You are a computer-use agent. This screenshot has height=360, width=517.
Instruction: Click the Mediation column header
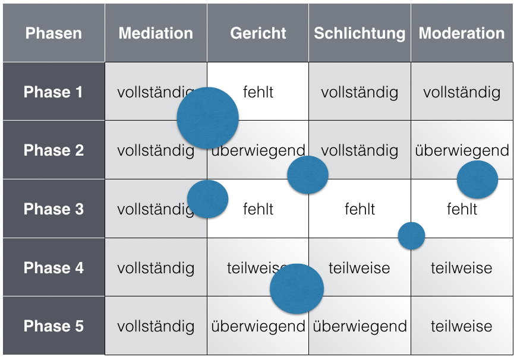click(x=156, y=33)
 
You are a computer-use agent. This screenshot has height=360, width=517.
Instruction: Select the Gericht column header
click(x=258, y=33)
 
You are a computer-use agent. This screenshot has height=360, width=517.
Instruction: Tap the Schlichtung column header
click(x=360, y=34)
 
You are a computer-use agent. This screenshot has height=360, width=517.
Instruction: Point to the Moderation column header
click(x=462, y=33)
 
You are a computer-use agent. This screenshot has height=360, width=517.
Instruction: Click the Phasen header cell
click(x=53, y=33)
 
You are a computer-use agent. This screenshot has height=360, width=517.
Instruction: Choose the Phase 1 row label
click(x=53, y=92)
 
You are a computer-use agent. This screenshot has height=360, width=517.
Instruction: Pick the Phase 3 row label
click(x=53, y=209)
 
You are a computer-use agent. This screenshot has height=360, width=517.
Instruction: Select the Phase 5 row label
click(x=53, y=326)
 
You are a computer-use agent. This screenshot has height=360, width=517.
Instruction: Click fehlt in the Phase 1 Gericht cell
click(x=258, y=92)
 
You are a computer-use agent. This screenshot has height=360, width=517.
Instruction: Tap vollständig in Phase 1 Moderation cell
click(x=462, y=93)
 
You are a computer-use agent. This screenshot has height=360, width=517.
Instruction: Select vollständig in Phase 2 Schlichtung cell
click(x=360, y=151)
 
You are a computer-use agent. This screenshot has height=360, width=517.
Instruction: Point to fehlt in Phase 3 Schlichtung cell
click(x=360, y=209)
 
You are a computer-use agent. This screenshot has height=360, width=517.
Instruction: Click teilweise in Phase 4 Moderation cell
click(x=462, y=268)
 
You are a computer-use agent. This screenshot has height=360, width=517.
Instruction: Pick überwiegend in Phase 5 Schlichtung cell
click(x=360, y=327)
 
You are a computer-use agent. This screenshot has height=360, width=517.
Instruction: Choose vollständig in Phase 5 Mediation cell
click(x=156, y=327)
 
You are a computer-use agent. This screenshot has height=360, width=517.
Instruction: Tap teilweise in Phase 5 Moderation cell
click(x=462, y=326)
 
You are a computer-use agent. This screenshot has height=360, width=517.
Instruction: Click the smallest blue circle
click(x=411, y=236)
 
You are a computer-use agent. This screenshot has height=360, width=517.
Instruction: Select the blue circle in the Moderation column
click(x=477, y=179)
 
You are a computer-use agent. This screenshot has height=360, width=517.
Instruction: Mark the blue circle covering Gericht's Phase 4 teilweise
click(x=297, y=289)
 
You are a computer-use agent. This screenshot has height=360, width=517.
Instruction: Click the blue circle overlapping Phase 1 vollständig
click(x=208, y=118)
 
